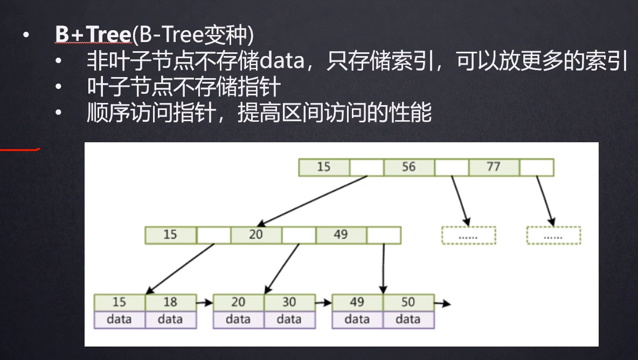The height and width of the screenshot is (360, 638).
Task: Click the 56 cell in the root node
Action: pos(409,167)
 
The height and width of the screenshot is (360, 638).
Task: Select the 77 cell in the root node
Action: pos(494,167)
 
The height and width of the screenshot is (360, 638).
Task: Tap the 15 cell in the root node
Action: pos(324,167)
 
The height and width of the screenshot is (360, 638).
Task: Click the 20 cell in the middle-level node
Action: pos(256,235)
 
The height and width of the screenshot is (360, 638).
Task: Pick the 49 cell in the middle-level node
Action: pos(341,235)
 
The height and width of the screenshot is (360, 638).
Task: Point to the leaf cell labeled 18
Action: pos(171,303)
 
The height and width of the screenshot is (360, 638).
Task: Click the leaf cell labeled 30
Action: pos(290,303)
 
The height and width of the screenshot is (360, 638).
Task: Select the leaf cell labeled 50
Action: pos(408,303)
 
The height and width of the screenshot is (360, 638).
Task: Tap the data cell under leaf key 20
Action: pos(238,320)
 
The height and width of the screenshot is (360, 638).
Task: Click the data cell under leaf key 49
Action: pos(357,320)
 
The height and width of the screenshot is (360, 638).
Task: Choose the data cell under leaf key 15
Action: pos(120,320)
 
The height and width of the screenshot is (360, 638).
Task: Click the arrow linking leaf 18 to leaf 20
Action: pos(205,303)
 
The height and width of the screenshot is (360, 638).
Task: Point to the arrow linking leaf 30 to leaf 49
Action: pos(323,303)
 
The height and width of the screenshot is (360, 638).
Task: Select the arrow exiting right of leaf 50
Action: pos(442,303)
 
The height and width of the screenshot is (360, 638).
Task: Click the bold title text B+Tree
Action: pos(94,34)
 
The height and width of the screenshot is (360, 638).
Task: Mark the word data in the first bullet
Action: pos(282,61)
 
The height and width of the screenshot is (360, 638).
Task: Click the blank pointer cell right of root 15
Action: pos(366,167)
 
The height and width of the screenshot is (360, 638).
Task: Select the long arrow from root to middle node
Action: pos(312,201)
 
